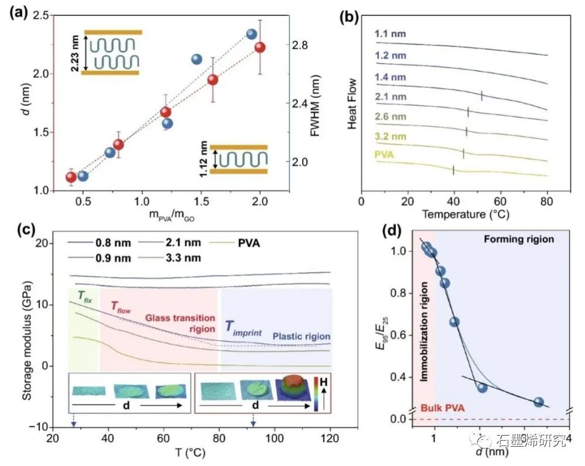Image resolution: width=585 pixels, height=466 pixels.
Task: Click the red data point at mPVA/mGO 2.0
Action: (x=260, y=47)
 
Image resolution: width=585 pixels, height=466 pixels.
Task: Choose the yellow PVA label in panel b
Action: (x=385, y=156)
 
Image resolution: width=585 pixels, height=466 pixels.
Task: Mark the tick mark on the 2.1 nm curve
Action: (x=481, y=96)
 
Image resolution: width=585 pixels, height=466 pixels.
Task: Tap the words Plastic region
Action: (x=301, y=337)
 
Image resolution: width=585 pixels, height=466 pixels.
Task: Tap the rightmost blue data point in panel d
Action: (x=538, y=402)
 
